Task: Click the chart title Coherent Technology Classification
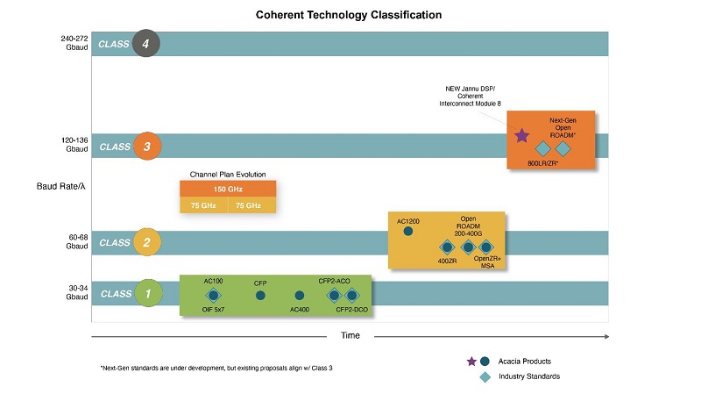coord(349,15)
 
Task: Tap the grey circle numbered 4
coord(145,43)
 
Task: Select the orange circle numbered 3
coord(146,147)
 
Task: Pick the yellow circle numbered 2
coord(147,242)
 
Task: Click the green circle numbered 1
coord(148,293)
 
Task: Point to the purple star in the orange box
coord(521,136)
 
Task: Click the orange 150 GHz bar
coord(228,189)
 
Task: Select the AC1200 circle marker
coord(408,231)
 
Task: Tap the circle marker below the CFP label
coord(260,296)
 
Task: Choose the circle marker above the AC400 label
coord(300,296)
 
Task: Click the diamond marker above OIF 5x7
coord(213,295)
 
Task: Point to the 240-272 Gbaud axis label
coord(74,43)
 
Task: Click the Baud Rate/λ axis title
coord(60,186)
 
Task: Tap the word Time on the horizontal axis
coord(350,335)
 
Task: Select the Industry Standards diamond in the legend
coord(485,376)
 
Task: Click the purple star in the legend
coord(471,362)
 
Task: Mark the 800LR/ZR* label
coord(542,163)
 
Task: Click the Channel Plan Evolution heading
coord(228,174)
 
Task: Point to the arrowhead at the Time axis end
coord(606,336)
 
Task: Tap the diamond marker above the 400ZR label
coord(447,247)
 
